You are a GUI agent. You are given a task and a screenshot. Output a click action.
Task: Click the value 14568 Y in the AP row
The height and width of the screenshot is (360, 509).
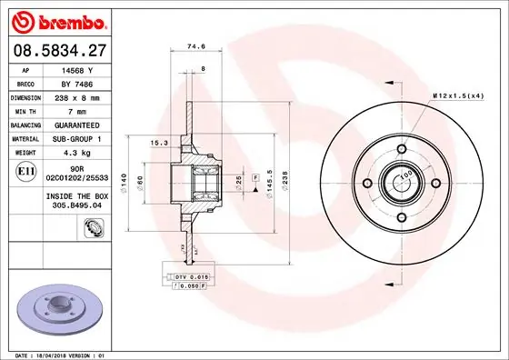click(77, 69)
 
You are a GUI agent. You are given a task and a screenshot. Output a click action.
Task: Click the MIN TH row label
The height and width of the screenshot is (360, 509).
click(24, 109)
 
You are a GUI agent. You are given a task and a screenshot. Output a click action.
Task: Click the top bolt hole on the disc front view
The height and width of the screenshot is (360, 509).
click(401, 149)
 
